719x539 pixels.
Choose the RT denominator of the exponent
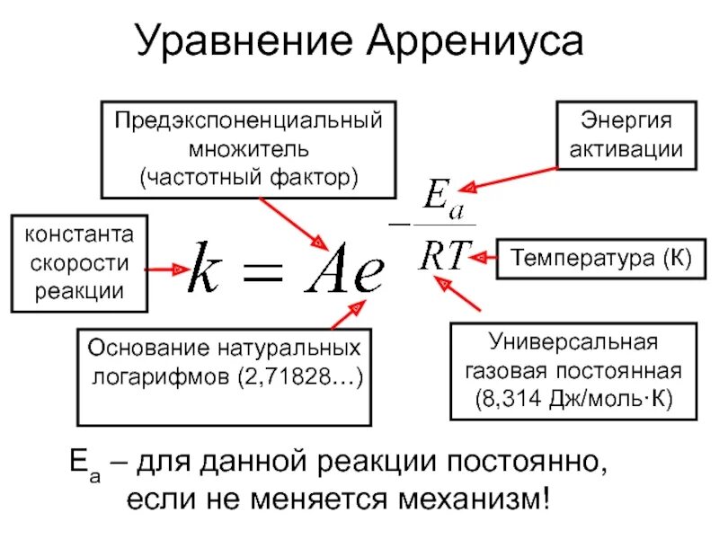(x=440, y=255)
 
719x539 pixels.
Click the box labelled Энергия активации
(x=627, y=135)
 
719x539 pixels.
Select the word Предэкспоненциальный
(x=247, y=120)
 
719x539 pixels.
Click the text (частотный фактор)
(x=247, y=175)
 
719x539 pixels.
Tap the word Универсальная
(x=573, y=342)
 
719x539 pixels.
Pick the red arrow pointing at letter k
(x=165, y=269)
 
